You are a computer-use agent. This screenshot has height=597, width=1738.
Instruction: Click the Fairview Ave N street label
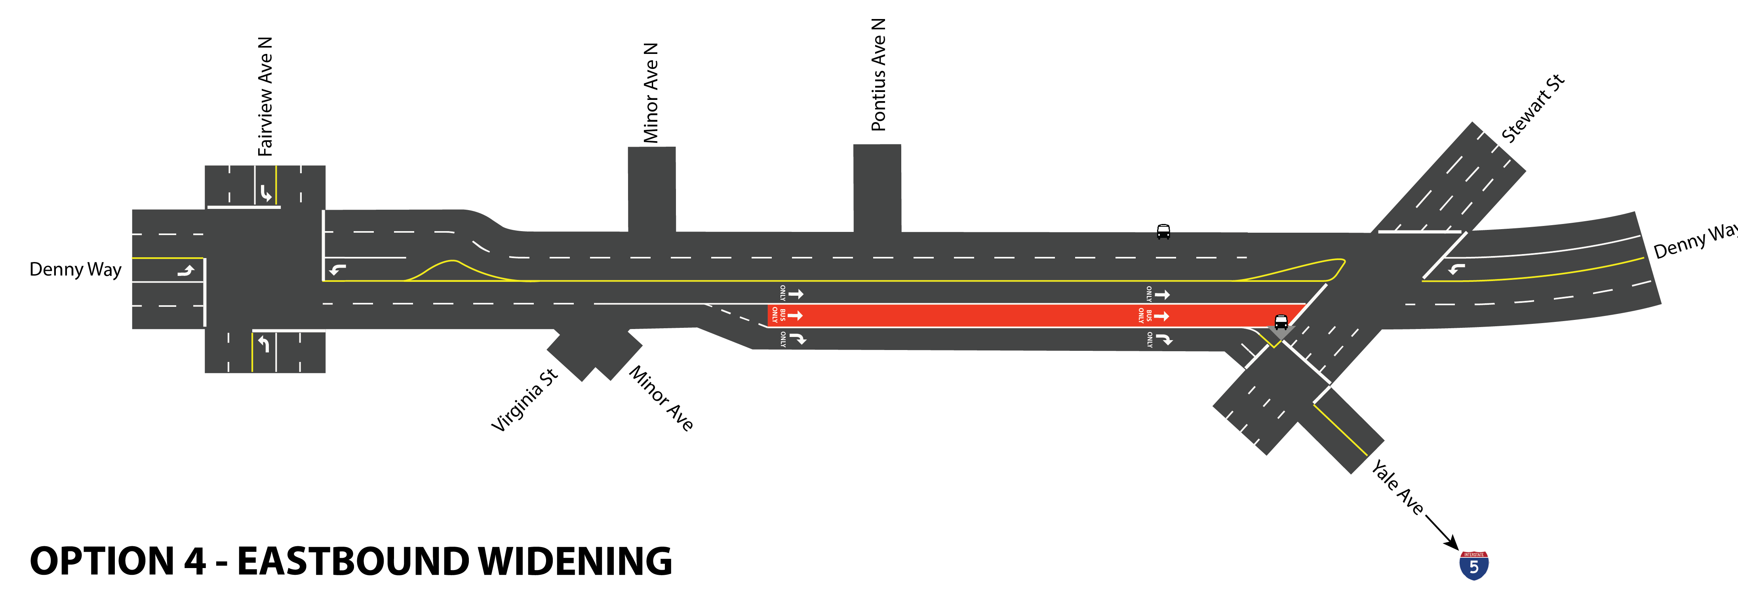click(x=265, y=97)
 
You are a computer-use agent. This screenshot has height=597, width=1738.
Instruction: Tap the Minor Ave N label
click(x=650, y=93)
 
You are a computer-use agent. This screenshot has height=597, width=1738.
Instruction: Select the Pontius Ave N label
click(x=878, y=75)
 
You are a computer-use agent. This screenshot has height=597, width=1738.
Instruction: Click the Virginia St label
click(x=524, y=400)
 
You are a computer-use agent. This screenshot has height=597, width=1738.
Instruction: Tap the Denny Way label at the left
click(x=75, y=270)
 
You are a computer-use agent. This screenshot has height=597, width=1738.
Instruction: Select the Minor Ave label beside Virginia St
click(x=661, y=398)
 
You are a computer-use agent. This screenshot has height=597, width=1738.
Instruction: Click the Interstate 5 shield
click(x=1473, y=565)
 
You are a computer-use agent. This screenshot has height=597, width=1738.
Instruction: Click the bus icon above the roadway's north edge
click(x=1163, y=232)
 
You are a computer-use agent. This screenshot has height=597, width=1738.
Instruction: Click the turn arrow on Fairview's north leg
click(x=266, y=194)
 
